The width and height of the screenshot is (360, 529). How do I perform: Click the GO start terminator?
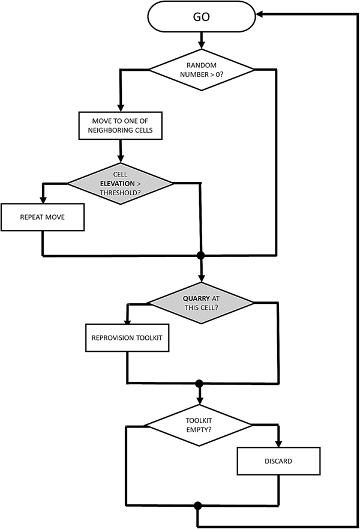tap(201, 17)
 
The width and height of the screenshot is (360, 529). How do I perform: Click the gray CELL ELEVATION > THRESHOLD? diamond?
tap(121, 183)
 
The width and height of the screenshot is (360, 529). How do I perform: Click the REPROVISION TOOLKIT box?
tap(127, 338)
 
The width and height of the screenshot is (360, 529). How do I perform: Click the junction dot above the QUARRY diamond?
tap(201, 256)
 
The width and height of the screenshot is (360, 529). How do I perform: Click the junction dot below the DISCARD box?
tap(197, 506)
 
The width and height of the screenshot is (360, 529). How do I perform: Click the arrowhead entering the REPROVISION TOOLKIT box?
tap(127, 322)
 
